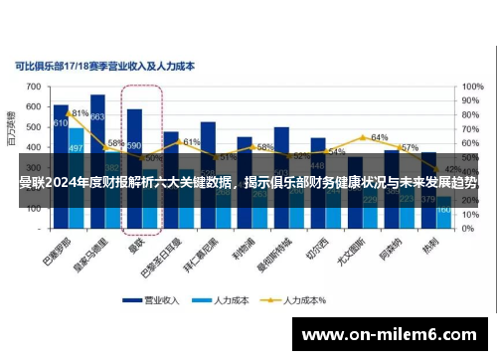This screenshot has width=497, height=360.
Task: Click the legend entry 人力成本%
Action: pos(298,297)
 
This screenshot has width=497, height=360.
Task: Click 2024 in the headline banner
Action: pos(65,182)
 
